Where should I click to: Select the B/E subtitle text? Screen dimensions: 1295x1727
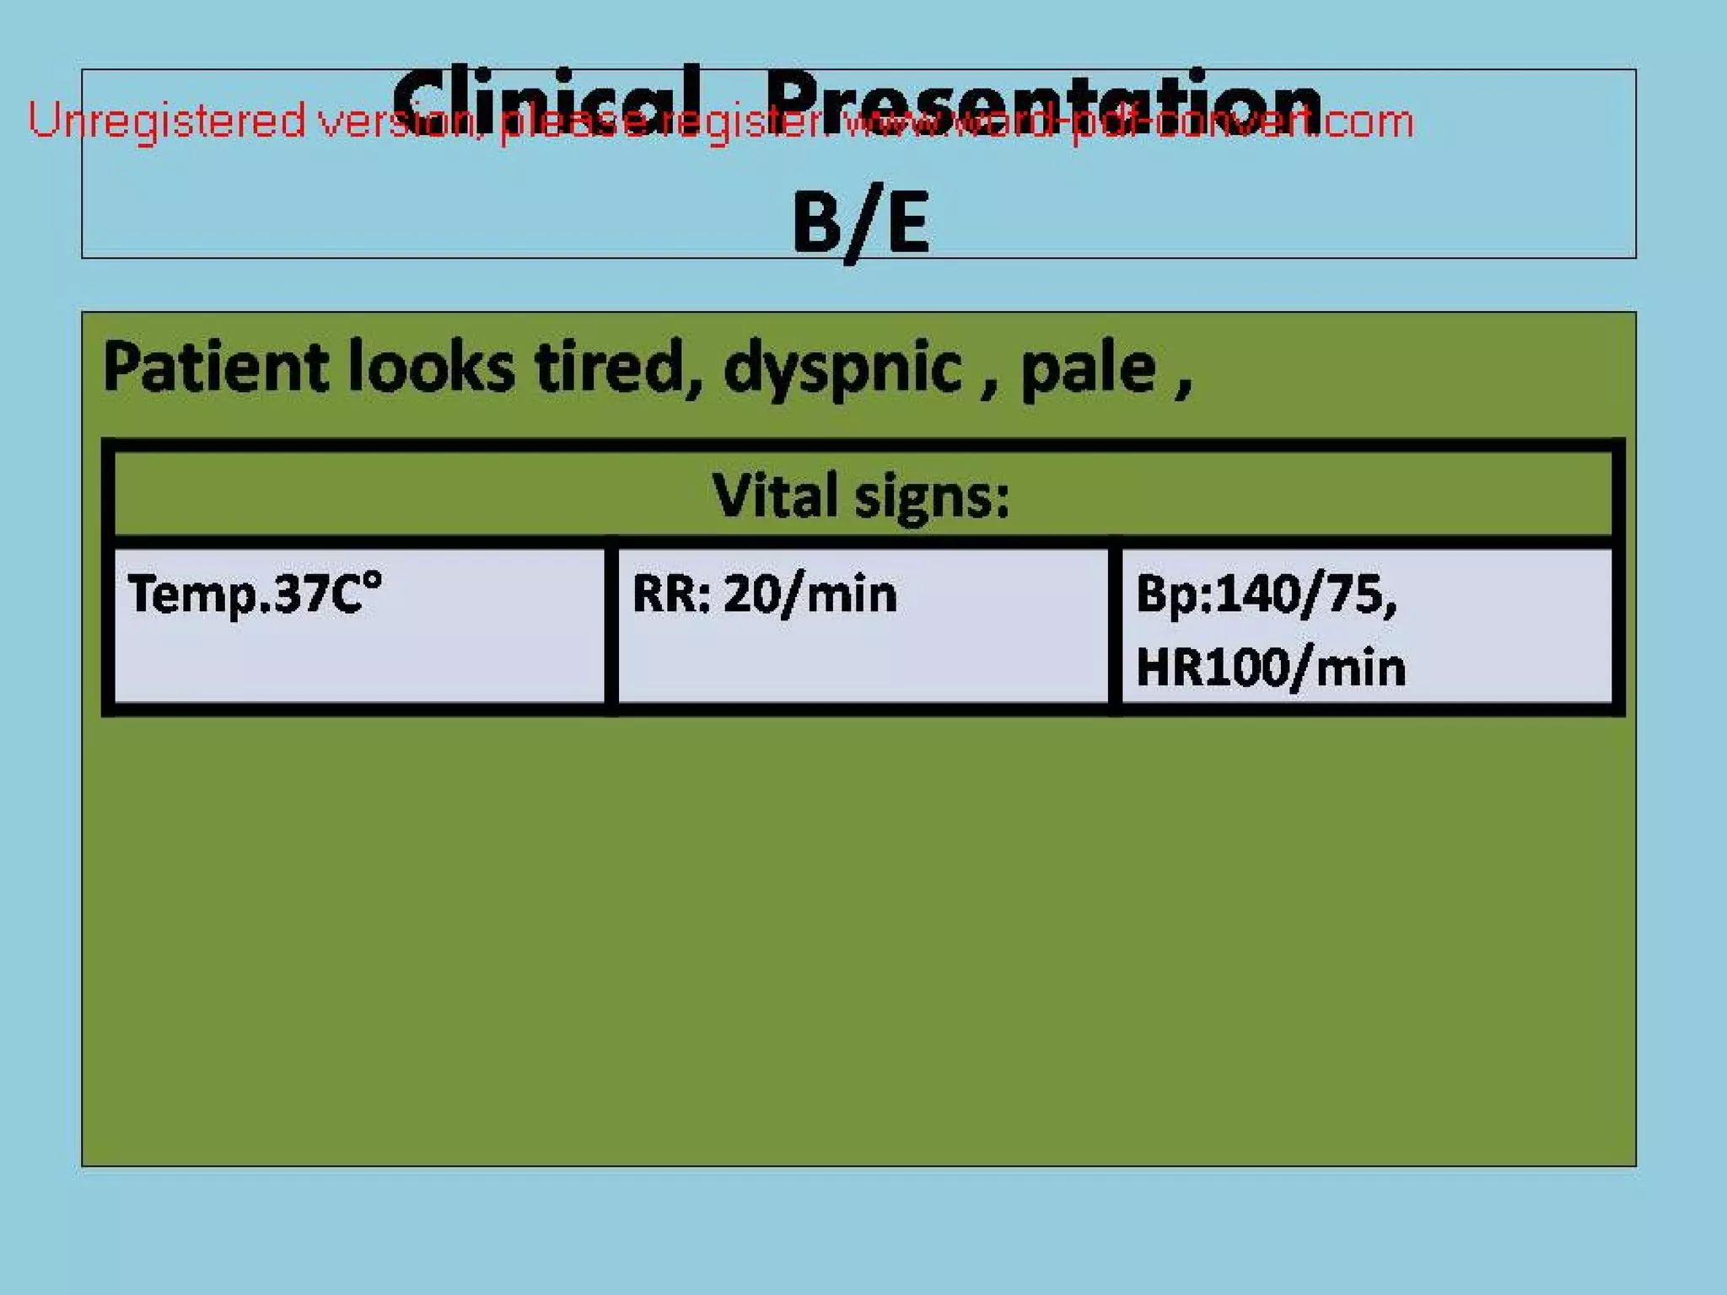860,223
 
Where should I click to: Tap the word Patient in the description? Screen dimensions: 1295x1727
215,368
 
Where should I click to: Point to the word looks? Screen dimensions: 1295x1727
430,368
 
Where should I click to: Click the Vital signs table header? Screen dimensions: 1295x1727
860,495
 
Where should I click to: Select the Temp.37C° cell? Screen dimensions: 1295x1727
254,594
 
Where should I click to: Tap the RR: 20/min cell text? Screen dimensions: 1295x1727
764,594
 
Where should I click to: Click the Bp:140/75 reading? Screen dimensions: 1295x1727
1265,594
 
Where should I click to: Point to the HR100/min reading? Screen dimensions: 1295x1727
1270,668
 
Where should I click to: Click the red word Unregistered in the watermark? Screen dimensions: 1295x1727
166,121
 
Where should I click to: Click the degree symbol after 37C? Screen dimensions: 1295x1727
372,580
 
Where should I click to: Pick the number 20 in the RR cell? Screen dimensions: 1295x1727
751,594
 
